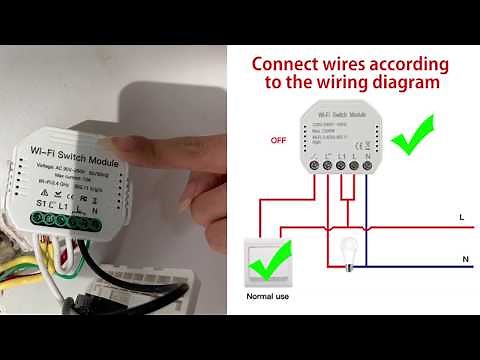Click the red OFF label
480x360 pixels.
coord(280,142)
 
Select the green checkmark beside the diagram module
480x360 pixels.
coord(412,138)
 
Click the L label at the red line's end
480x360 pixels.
coord(459,215)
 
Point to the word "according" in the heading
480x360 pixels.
coord(410,62)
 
